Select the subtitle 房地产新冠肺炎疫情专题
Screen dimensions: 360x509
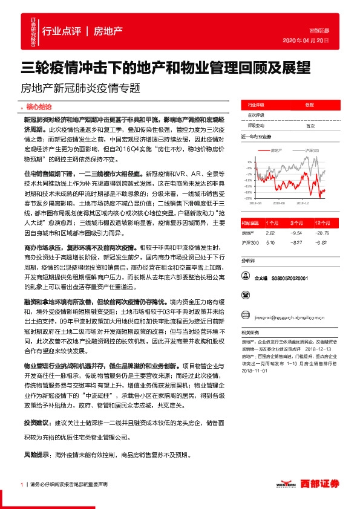[x=80, y=87]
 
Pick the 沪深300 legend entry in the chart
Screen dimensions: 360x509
[x=311, y=149]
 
